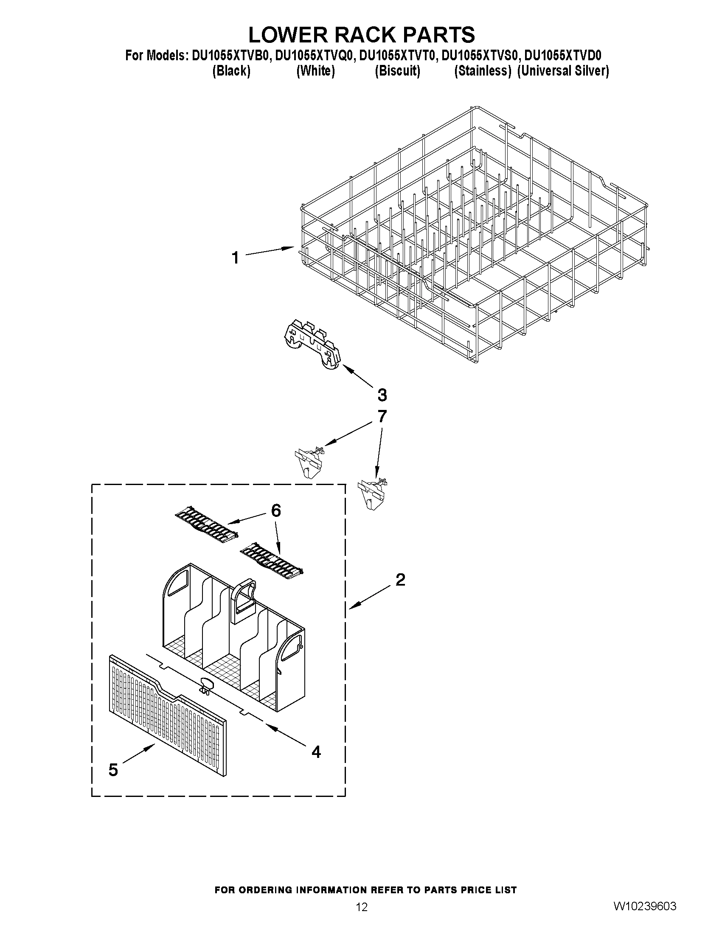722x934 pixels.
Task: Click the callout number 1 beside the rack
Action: point(235,258)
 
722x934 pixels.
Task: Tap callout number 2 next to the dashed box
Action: point(400,580)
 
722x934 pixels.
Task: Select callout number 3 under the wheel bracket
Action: point(382,395)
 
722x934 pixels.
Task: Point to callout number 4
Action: point(316,752)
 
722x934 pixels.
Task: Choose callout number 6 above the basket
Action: point(276,510)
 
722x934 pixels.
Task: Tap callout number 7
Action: point(382,416)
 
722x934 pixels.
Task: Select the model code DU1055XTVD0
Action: point(563,56)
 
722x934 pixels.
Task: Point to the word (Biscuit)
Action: point(397,71)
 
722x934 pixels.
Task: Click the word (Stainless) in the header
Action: point(483,71)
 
